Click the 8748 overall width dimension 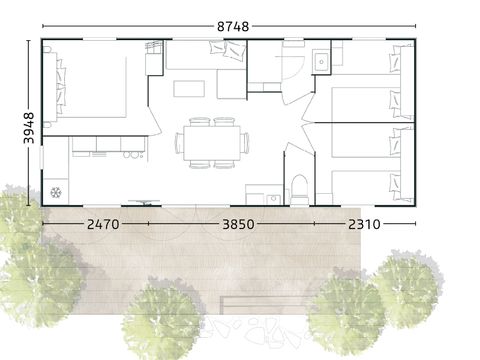pos(233,26)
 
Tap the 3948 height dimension pos(29,128)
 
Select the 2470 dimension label pos(103,224)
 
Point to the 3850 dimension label pos(238,224)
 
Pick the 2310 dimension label pos(364,224)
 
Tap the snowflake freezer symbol pos(56,192)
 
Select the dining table pos(212,143)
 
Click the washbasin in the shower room pos(321,61)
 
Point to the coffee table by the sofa pos(189,89)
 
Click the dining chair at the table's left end pos(179,143)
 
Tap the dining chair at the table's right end pos(245,143)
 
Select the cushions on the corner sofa pos(228,51)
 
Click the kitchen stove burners pos(133,155)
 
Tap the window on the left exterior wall pos(42,157)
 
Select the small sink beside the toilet pos(274,199)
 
